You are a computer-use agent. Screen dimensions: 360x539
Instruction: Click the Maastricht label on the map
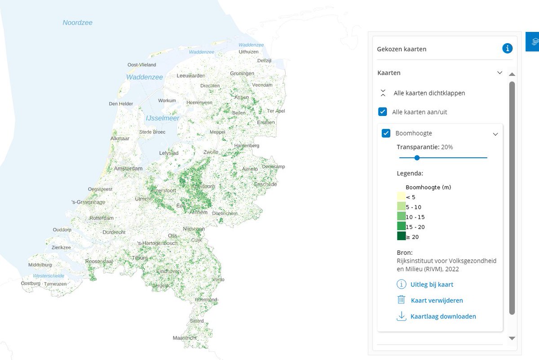coord(185,338)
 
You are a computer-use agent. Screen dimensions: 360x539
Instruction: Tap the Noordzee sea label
coord(77,22)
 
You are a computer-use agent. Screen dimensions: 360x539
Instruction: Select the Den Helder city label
coord(121,104)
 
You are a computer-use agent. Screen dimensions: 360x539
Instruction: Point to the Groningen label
coord(242,73)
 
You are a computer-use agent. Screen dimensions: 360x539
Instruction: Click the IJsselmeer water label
coord(162,118)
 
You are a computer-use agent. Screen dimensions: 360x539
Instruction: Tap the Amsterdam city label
coord(128,169)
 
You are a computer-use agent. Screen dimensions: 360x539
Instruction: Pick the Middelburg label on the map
coord(40,265)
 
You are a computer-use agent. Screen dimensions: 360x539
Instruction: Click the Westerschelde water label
coord(49,276)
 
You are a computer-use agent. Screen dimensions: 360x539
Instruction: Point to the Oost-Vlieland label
coord(141,65)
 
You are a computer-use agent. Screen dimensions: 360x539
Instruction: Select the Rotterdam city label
coord(102,218)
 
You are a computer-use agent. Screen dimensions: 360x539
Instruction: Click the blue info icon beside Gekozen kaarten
coord(507,49)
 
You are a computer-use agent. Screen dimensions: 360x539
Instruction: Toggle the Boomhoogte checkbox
coord(386,133)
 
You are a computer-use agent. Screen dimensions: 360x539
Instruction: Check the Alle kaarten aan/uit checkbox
coord(383,111)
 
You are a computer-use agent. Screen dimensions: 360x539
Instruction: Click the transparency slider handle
coord(417,158)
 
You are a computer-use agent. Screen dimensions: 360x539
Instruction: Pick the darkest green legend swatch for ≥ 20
coord(401,236)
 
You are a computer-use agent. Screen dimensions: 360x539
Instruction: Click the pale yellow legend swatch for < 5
coord(401,197)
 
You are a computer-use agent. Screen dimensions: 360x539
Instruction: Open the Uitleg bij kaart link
coord(431,284)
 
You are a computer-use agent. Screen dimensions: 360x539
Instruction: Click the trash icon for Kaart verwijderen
coord(401,300)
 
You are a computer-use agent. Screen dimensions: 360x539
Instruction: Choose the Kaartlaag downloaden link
coord(443,316)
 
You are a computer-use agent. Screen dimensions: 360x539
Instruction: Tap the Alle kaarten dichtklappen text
coord(429,93)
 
